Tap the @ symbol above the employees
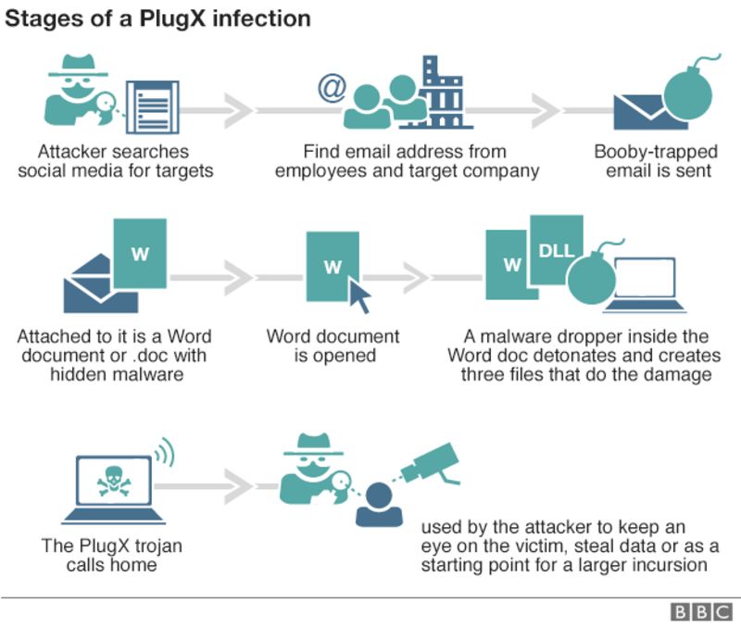click(330, 89)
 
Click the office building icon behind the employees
click(444, 93)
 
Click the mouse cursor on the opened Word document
click(358, 296)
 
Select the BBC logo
click(701, 611)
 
